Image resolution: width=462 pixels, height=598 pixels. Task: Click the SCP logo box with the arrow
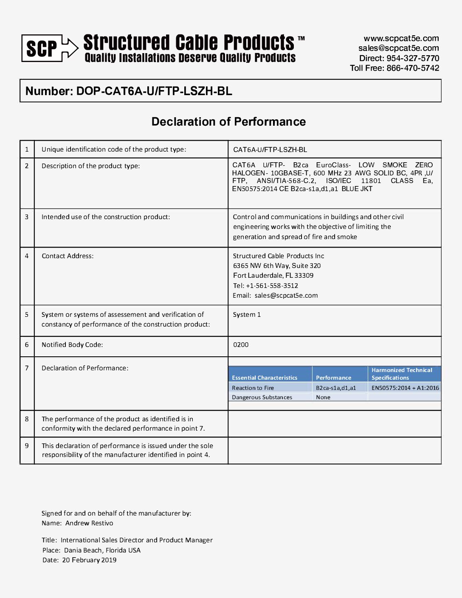point(50,48)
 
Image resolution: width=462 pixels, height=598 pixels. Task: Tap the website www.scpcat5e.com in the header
point(401,38)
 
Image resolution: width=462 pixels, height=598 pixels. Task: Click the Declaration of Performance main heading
point(228,122)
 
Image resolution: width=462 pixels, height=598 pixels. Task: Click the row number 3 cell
point(27,217)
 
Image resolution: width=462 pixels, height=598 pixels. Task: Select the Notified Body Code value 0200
point(241,345)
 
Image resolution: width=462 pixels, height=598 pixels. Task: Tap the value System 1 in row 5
point(247,315)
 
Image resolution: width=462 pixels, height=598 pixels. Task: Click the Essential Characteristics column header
point(265,378)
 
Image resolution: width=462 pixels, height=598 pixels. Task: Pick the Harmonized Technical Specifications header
point(402,374)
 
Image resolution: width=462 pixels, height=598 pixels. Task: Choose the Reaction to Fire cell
point(253,388)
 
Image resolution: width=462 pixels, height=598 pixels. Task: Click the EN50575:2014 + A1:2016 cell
point(405,388)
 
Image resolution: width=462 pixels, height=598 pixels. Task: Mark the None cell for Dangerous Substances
point(323,398)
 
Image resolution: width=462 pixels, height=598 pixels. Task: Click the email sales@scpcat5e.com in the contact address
point(286,296)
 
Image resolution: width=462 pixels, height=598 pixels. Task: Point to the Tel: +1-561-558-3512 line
point(265,286)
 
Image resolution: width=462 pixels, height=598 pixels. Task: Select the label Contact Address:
point(68,256)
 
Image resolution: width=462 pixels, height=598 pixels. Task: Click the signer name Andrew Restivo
point(89,523)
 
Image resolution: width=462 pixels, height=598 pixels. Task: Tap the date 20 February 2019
point(89,560)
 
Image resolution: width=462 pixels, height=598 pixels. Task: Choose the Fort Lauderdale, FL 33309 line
point(273,276)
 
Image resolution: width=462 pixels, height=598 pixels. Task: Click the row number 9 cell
point(27,446)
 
